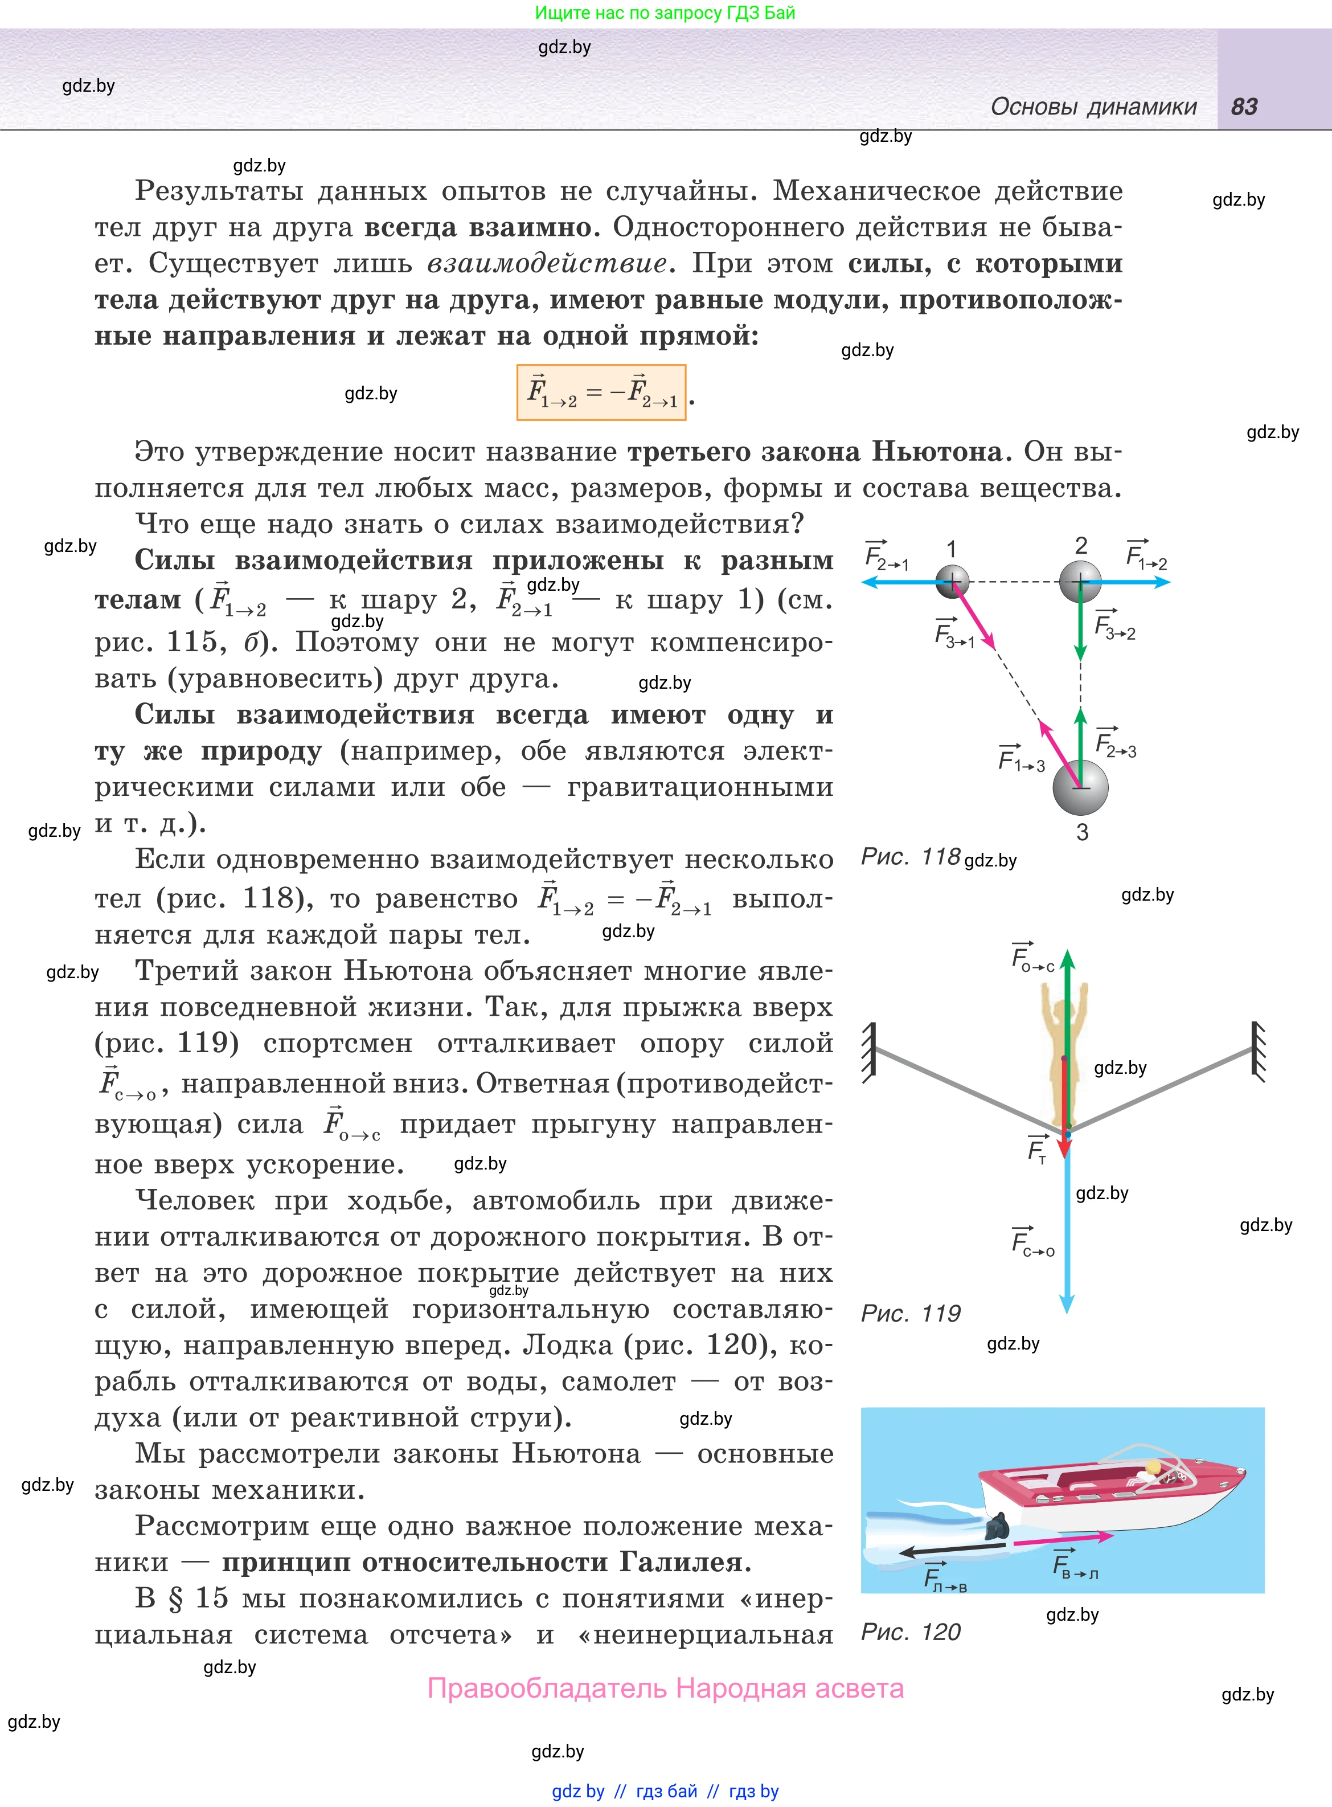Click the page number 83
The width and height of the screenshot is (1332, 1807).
[x=1244, y=107]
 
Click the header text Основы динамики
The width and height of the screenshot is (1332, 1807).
[x=1093, y=107]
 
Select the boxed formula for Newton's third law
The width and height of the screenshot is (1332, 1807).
[x=601, y=393]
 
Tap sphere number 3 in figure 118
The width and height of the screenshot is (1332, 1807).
[x=1080, y=788]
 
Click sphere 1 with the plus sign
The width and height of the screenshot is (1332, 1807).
[x=952, y=580]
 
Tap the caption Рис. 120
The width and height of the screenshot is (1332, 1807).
[x=911, y=1632]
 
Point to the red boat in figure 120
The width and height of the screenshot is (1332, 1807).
[x=1113, y=1492]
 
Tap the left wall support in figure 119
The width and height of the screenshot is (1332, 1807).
[x=869, y=1052]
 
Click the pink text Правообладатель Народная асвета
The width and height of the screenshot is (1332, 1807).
[x=665, y=1688]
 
